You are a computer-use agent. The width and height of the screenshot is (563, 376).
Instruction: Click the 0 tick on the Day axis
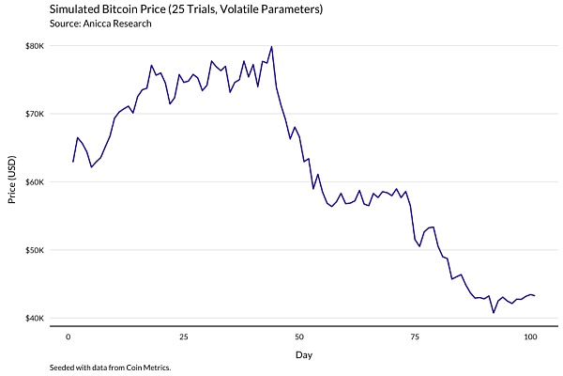tap(68, 337)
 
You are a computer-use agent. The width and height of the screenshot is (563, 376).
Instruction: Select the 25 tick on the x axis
tap(183, 337)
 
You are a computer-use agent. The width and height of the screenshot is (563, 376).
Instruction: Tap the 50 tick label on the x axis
tap(298, 337)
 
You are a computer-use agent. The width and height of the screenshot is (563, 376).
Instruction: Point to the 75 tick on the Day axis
tap(414, 337)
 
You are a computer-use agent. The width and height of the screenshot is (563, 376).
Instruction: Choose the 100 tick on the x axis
tap(530, 337)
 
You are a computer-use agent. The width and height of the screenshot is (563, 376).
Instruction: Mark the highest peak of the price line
tap(271, 46)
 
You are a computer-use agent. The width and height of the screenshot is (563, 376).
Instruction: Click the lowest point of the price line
tap(494, 312)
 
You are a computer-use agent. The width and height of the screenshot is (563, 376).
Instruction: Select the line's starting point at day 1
tap(72, 162)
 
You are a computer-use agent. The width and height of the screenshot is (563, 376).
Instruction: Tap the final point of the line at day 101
tap(535, 296)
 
